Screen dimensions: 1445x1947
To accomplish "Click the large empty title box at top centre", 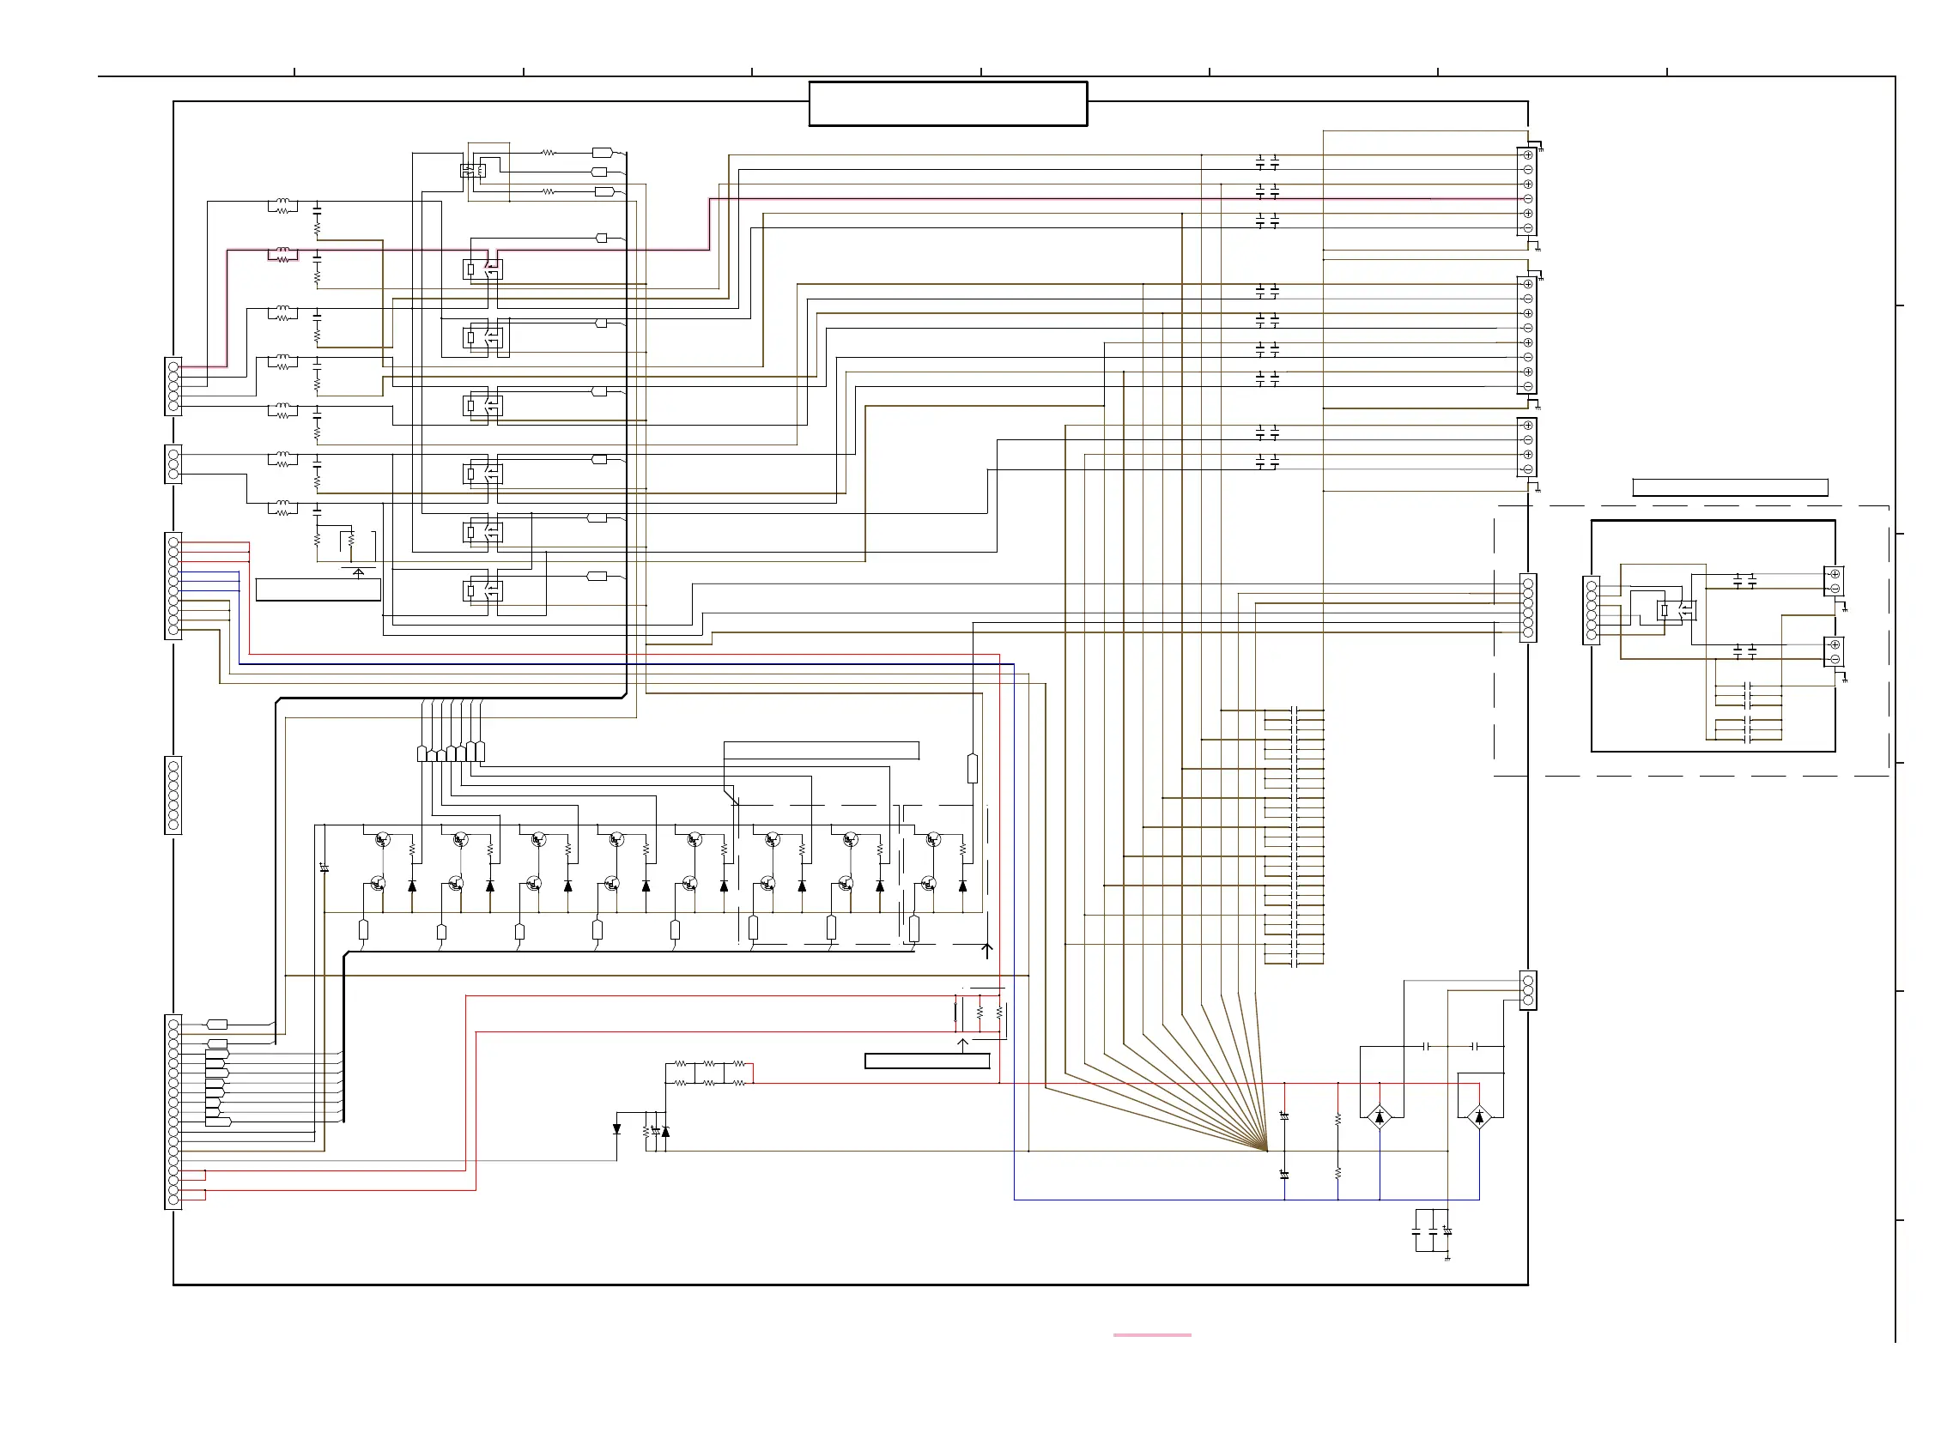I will click(947, 104).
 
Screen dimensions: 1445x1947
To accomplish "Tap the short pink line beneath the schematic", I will click(1150, 1335).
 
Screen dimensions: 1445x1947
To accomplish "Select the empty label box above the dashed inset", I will click(1729, 487).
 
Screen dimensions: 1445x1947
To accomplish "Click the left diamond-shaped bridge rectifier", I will click(1379, 1117).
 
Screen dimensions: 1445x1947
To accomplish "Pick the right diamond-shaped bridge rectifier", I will click(1479, 1117).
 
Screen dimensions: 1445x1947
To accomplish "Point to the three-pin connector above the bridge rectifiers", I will click(1528, 990).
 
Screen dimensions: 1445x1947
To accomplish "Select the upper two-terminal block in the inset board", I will click(1835, 581).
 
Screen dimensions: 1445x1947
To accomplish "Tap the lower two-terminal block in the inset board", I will click(1835, 651).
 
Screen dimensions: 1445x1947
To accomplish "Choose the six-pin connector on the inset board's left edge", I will click(1591, 611).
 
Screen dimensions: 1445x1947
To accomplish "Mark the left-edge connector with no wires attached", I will click(173, 795).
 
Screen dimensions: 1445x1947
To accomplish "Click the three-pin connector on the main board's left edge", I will click(173, 463).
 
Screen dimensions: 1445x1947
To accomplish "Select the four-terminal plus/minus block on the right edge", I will click(1527, 447).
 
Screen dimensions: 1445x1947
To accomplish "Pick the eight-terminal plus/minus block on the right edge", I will click(1527, 335).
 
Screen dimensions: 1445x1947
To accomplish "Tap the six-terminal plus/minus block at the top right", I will click(1527, 191).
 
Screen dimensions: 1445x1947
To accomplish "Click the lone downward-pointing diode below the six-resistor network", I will click(617, 1129).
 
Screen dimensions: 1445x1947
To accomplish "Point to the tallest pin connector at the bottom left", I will click(173, 1112).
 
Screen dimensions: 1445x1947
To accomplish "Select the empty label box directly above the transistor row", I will click(821, 750).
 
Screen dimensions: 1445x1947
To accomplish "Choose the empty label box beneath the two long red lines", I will click(926, 1061).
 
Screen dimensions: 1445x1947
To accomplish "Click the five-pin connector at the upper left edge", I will click(173, 386).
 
